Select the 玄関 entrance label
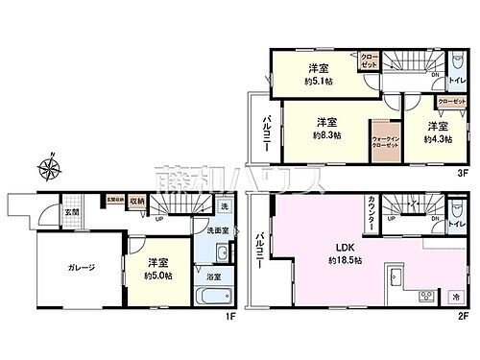[71, 211]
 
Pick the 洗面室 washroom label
[209, 229]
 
